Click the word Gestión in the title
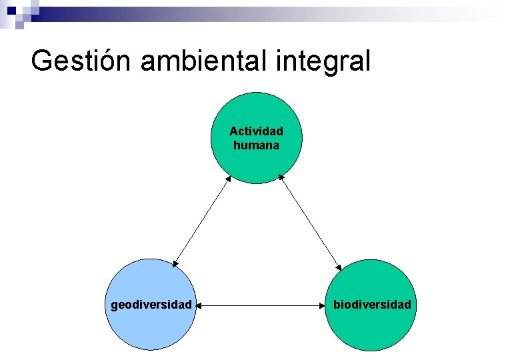(x=82, y=61)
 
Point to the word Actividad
(x=256, y=131)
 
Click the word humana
(x=256, y=145)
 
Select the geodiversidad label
(x=151, y=305)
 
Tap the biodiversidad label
(x=373, y=305)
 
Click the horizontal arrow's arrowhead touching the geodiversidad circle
(x=200, y=305)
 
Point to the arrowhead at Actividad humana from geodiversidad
(x=229, y=178)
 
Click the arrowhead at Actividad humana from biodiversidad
(x=281, y=177)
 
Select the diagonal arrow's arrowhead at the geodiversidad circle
(x=175, y=264)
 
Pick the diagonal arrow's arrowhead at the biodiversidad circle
(x=338, y=265)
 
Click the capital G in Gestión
(x=42, y=61)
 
